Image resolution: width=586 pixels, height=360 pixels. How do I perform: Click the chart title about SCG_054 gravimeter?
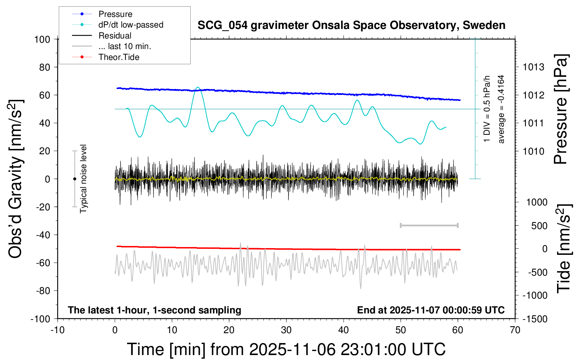tap(351, 25)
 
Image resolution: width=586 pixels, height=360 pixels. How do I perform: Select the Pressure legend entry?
tap(115, 14)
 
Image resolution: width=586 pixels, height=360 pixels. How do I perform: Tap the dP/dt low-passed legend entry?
tap(131, 25)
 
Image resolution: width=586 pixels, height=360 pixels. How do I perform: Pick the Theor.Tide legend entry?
tap(119, 57)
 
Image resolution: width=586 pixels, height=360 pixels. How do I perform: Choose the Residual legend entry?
tap(115, 36)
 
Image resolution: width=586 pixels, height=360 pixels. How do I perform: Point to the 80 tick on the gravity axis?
tap(45, 67)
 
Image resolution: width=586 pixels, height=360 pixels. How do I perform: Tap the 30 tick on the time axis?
tap(286, 330)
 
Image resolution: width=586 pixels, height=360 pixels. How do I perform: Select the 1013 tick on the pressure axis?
tap(533, 67)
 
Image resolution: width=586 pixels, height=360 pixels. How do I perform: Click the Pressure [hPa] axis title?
tap(561, 109)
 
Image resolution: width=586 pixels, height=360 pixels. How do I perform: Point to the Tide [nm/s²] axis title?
tap(564, 248)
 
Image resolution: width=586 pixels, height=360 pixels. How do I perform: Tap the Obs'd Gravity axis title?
tap(16, 179)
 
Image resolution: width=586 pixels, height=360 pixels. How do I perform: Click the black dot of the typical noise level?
tap(74, 179)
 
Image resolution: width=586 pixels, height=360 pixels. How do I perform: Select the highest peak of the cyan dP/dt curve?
tap(198, 87)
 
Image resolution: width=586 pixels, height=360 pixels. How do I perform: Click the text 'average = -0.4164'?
tap(501, 109)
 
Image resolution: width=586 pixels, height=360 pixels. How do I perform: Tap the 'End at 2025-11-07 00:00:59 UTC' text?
tap(431, 310)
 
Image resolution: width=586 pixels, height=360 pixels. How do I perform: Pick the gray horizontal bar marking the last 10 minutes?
tap(429, 225)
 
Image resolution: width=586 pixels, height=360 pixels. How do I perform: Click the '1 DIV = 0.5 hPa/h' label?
tap(487, 109)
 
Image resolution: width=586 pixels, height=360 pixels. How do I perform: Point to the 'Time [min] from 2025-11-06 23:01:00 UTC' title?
tap(286, 349)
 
